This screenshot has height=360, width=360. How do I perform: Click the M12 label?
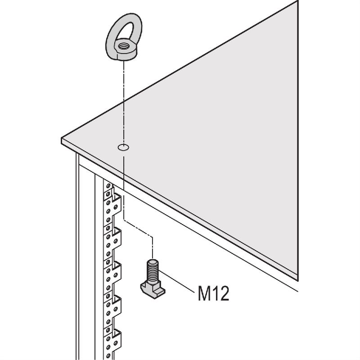point(213,293)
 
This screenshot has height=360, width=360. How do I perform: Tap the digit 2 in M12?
point(224,293)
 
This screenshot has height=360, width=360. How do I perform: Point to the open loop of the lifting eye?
point(126,30)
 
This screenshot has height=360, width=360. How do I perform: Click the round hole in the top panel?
point(123,148)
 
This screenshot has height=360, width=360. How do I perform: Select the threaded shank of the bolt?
point(152,272)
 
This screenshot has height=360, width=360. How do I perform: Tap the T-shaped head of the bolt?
point(153,290)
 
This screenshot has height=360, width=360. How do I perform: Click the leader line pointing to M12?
point(176,282)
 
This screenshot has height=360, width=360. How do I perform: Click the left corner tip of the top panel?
point(62,138)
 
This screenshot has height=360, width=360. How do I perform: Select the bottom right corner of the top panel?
point(298,280)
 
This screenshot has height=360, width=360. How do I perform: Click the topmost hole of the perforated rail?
point(108,185)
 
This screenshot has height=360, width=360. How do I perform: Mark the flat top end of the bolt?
point(152,261)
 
